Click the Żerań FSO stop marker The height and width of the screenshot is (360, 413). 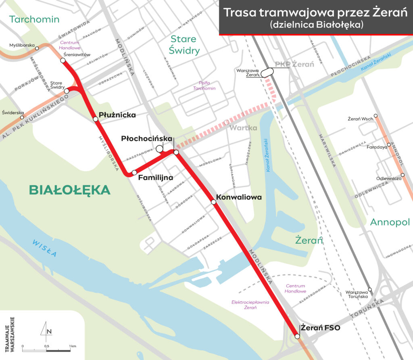297,336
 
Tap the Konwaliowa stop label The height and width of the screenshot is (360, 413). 239,197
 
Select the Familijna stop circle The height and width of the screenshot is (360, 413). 134,172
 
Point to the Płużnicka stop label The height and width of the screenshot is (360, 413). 117,115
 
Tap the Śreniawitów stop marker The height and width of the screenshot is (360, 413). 63,61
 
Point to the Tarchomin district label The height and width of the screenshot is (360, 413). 35,19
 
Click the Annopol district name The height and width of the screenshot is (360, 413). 390,222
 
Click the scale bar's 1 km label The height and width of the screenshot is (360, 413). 73,346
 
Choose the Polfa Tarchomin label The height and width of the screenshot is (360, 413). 204,85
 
